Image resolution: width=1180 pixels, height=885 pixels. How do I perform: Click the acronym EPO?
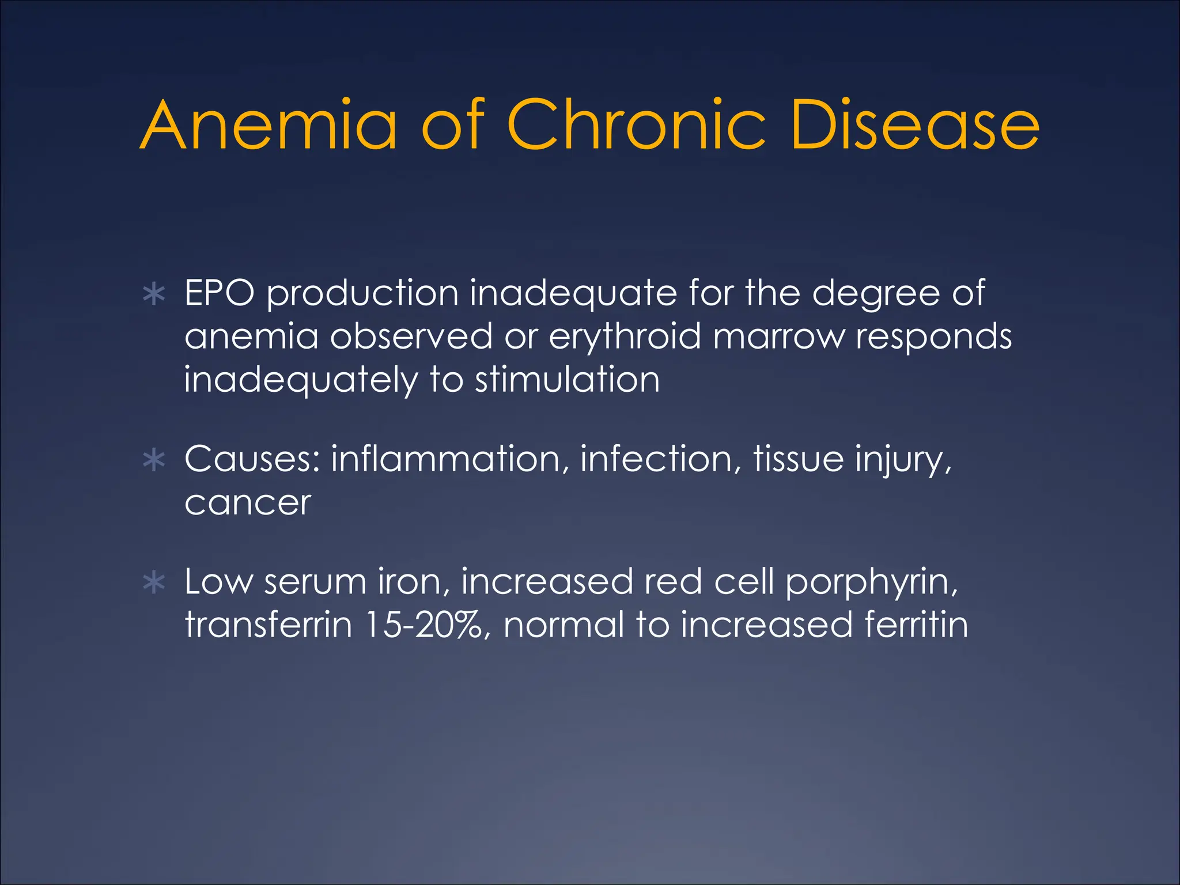(x=219, y=293)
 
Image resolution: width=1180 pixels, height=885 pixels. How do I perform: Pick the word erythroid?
(x=625, y=336)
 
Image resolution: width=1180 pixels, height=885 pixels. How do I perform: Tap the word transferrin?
(x=268, y=625)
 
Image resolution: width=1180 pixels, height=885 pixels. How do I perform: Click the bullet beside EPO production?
(x=154, y=294)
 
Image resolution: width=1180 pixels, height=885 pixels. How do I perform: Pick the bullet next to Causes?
(x=154, y=460)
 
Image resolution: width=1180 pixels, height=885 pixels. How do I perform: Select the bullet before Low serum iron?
(x=154, y=583)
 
